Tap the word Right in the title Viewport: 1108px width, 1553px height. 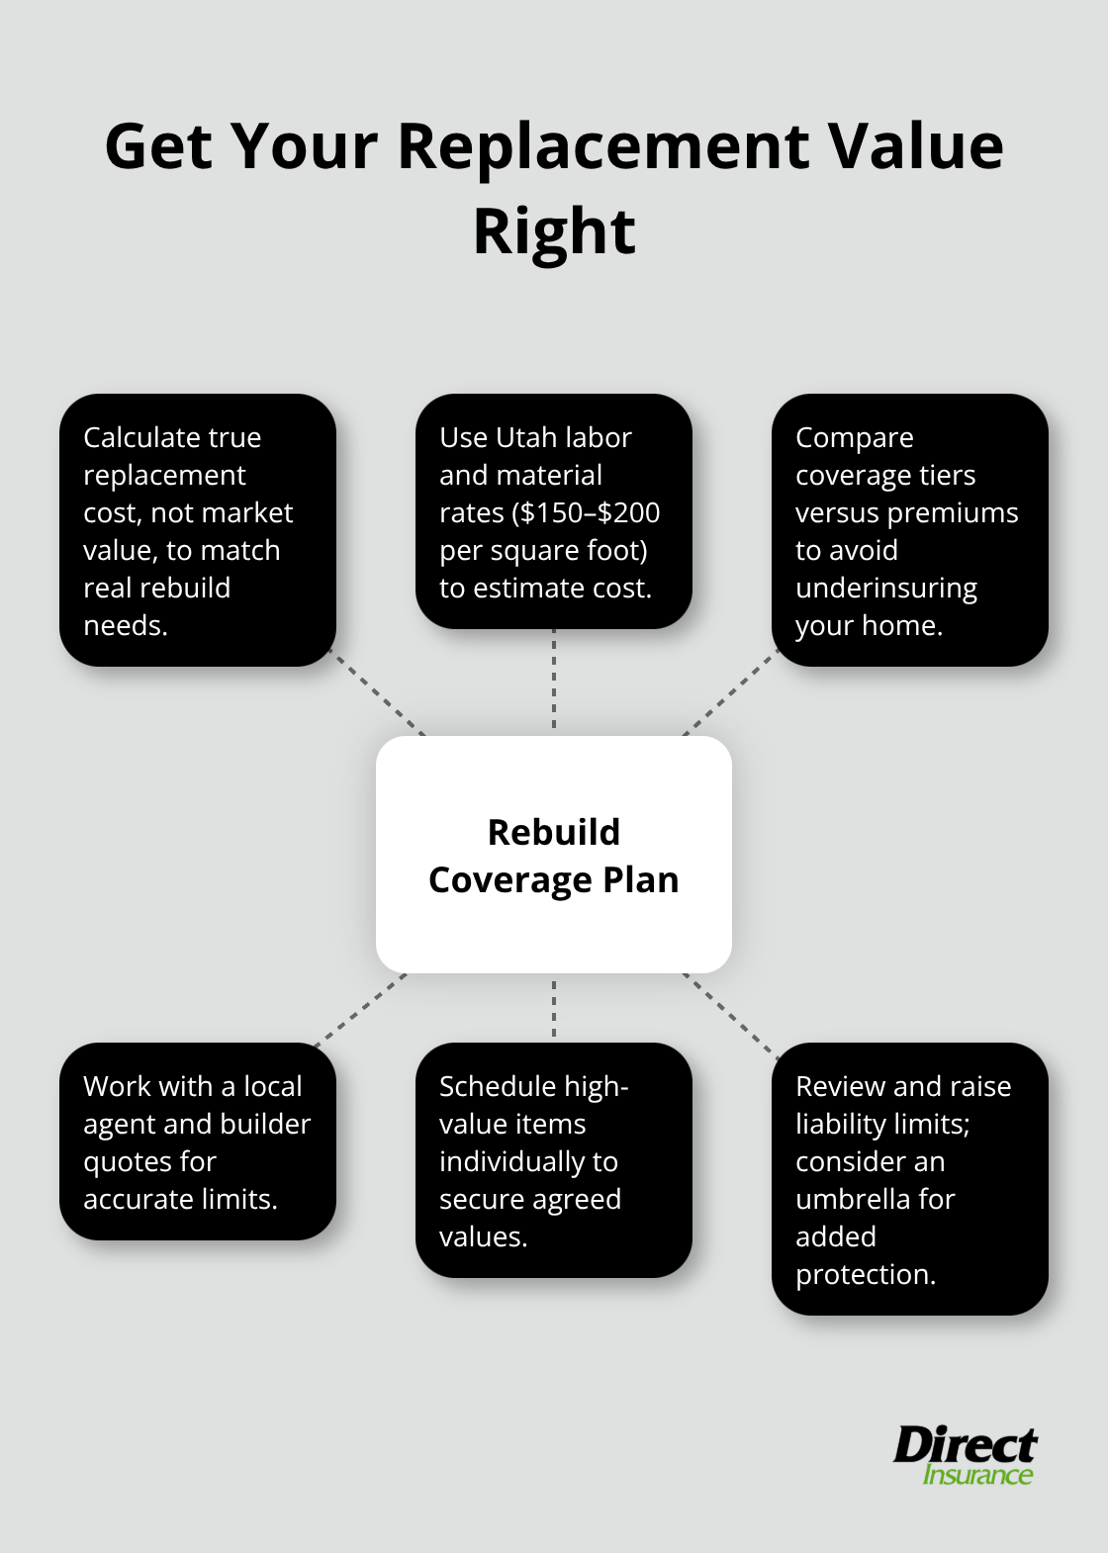point(554,231)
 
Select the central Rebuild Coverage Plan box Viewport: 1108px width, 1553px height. point(554,855)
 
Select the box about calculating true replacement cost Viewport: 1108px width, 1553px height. point(198,530)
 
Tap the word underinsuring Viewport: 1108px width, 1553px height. point(885,588)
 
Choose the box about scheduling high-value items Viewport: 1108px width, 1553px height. point(554,1160)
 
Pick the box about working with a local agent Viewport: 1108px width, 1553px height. point(198,1142)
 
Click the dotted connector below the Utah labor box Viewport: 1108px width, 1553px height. point(554,682)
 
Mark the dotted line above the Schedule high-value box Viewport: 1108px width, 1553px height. point(554,1008)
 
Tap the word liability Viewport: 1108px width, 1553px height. point(839,1124)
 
